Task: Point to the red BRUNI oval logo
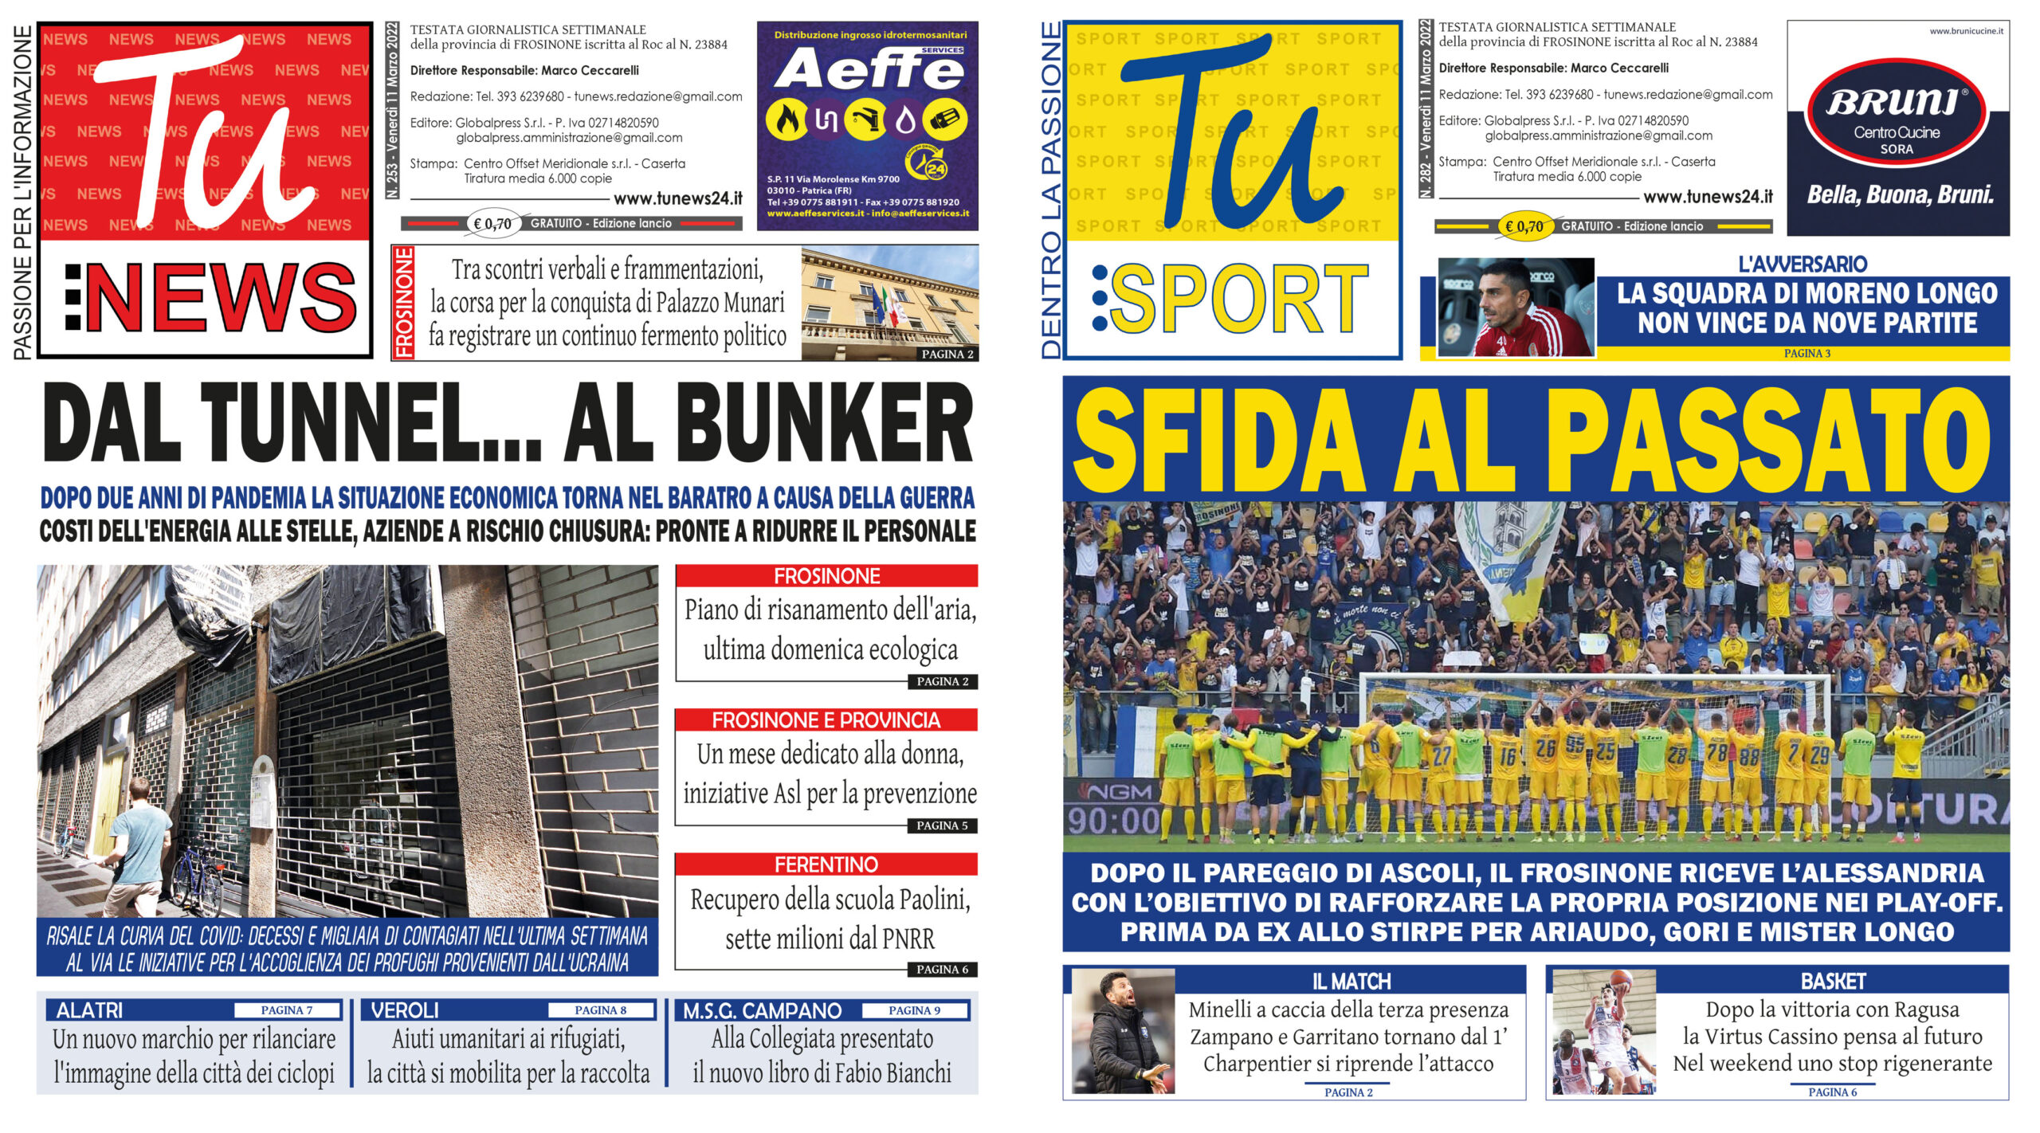(x=1897, y=120)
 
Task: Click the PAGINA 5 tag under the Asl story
(x=942, y=825)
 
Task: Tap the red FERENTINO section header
(x=826, y=864)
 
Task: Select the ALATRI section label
(x=90, y=1010)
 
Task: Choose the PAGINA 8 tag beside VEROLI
(x=601, y=1010)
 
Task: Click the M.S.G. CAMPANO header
(x=763, y=1011)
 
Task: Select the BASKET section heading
(x=1833, y=981)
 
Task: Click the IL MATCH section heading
(x=1351, y=981)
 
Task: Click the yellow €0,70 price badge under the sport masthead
(x=1524, y=226)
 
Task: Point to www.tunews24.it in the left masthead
(x=678, y=198)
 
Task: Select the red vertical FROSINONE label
(x=404, y=303)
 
